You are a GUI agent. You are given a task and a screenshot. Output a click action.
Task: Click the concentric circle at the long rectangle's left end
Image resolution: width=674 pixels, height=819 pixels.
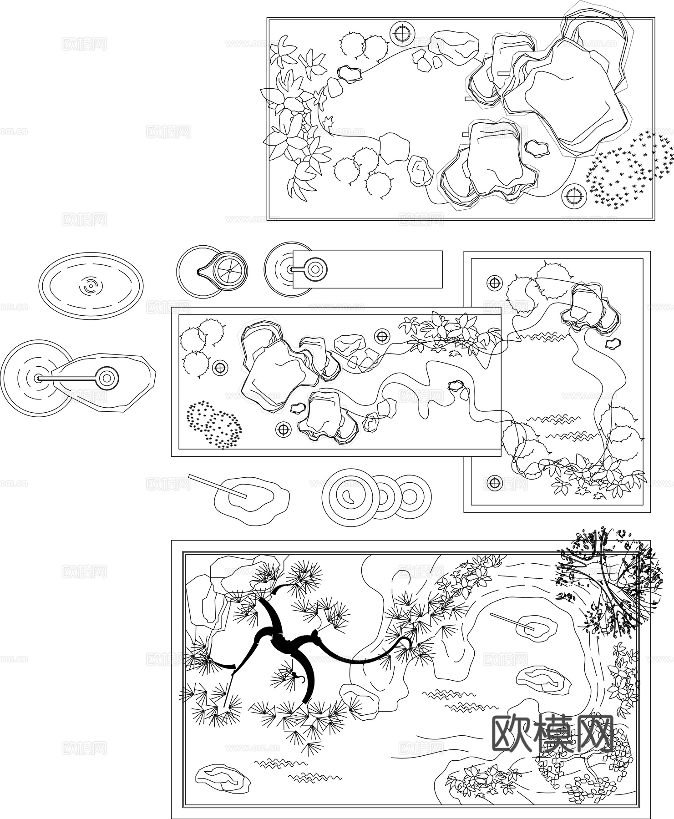pyautogui.click(x=314, y=269)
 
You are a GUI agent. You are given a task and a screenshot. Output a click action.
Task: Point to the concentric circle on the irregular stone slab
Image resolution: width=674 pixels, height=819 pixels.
pyautogui.click(x=107, y=378)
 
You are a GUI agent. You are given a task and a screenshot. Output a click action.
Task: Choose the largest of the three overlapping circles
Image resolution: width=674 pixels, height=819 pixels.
pyautogui.click(x=350, y=497)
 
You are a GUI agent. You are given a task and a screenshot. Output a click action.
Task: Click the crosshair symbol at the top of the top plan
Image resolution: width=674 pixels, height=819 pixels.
pyautogui.click(x=402, y=33)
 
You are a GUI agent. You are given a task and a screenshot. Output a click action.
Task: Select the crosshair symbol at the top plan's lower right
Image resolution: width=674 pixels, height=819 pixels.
pyautogui.click(x=573, y=196)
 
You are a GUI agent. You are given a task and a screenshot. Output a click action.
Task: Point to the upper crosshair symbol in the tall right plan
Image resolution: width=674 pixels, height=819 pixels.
pyautogui.click(x=494, y=283)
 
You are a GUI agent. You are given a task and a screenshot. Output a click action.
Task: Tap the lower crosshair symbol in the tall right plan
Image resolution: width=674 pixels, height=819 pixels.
pyautogui.click(x=494, y=483)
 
